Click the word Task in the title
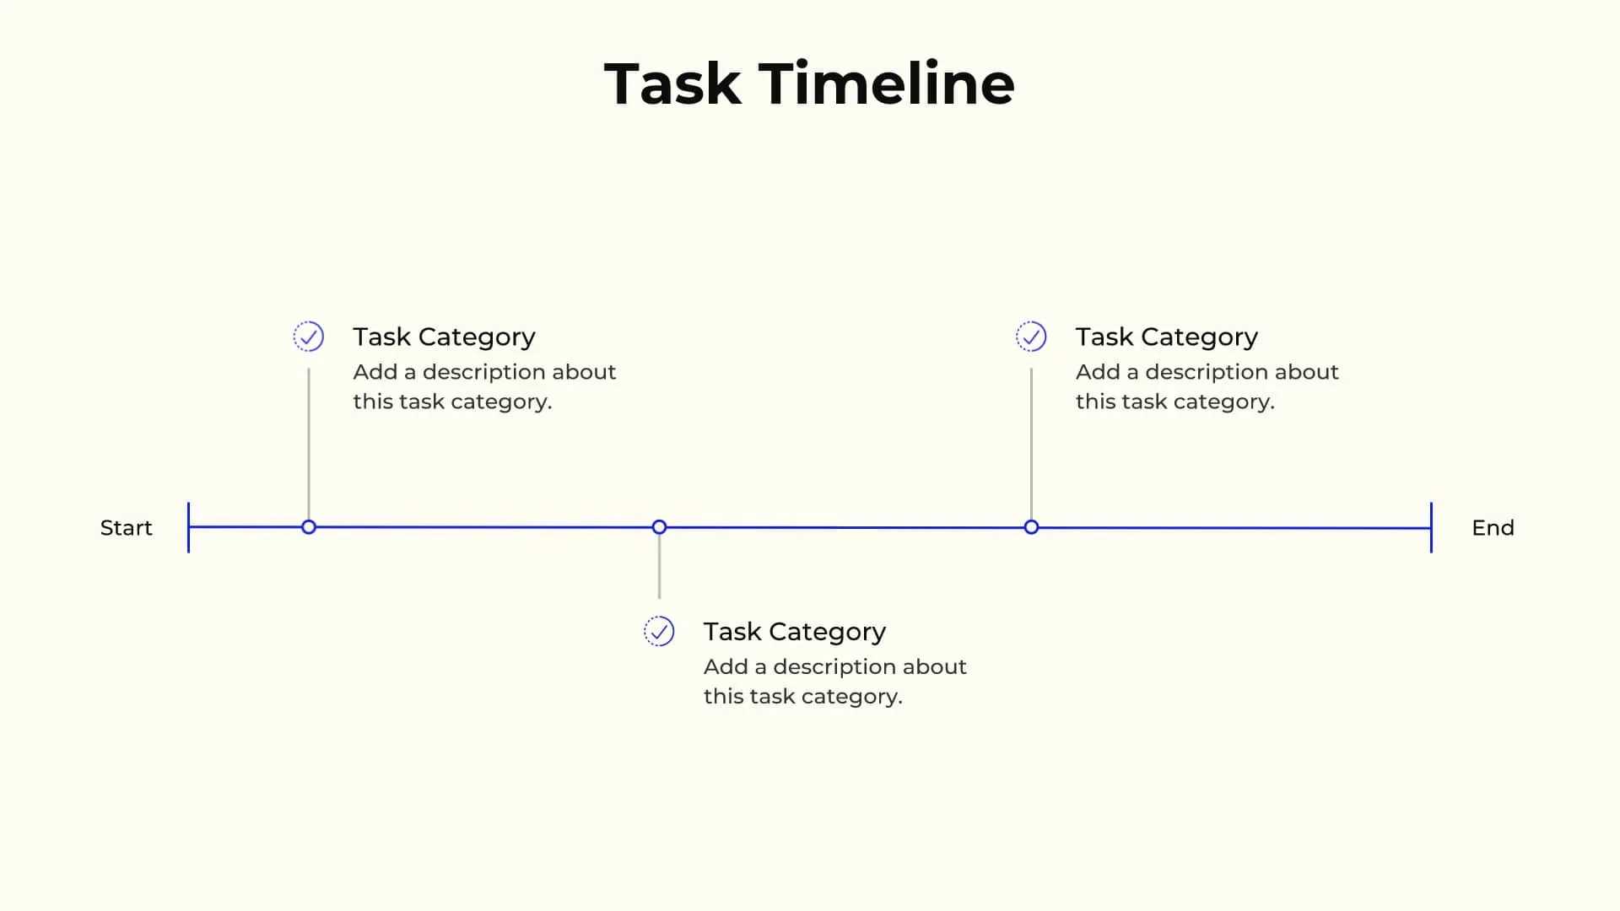[672, 84]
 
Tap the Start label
[126, 528]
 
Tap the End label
[1493, 528]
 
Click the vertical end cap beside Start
[188, 528]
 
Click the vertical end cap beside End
[1431, 528]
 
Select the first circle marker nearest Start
[309, 527]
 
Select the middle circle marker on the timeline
[659, 527]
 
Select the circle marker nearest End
[1031, 527]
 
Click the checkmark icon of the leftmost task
[309, 337]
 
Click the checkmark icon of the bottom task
[659, 631]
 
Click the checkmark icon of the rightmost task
[1031, 337]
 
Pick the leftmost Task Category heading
[444, 337]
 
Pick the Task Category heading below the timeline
[794, 631]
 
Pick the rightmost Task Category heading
[1166, 337]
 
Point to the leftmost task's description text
[483, 386]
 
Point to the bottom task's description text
[834, 681]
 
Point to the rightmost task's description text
[1207, 386]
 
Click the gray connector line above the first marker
[309, 443]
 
